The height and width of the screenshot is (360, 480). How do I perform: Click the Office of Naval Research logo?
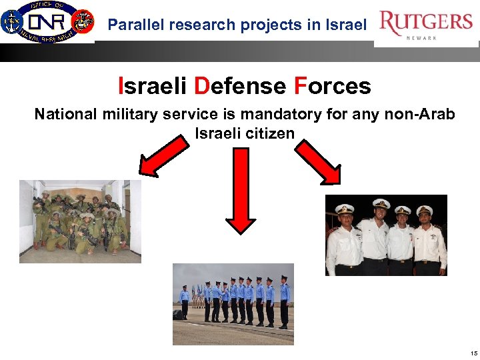pyautogui.click(x=47, y=22)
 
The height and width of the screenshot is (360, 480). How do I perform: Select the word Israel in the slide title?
pyautogui.click(x=347, y=25)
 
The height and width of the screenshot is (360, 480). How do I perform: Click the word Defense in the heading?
pyautogui.click(x=240, y=86)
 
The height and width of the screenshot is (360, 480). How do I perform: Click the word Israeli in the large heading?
pyautogui.click(x=153, y=86)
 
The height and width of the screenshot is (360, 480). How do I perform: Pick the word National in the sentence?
pyautogui.click(x=66, y=115)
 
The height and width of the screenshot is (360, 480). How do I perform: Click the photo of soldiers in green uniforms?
pyautogui.click(x=80, y=221)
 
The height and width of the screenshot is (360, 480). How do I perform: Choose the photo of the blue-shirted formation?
pyautogui.click(x=233, y=304)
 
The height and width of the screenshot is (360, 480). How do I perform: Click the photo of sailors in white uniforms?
pyautogui.click(x=386, y=235)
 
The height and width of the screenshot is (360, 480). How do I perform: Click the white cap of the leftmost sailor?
pyautogui.click(x=344, y=208)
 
